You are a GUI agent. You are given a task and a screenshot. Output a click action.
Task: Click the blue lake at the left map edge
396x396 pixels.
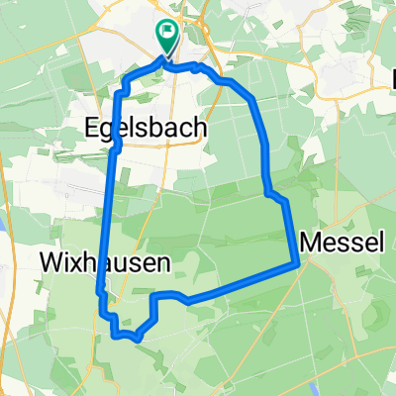(3, 252)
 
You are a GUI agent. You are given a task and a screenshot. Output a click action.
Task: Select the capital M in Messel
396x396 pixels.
(310, 241)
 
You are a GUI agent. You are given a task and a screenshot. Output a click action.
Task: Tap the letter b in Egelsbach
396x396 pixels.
(157, 128)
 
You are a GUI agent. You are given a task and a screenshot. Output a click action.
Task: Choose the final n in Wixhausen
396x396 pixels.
(160, 261)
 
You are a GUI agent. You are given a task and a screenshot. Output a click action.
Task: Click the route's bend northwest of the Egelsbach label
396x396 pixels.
(121, 94)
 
